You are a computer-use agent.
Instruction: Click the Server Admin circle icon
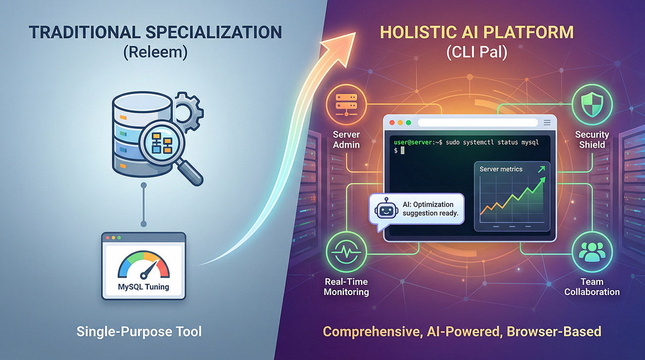click(x=346, y=104)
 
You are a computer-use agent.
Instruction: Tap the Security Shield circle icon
click(x=592, y=104)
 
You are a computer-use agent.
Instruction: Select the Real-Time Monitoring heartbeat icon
click(x=346, y=251)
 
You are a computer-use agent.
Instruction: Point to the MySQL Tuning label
click(x=143, y=286)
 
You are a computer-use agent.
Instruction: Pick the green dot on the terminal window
click(x=408, y=122)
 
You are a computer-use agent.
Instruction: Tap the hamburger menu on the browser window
click(x=547, y=122)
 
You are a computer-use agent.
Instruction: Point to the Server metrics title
click(x=501, y=169)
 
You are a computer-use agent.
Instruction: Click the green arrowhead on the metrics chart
click(x=542, y=169)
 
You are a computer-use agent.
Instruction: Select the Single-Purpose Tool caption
click(x=139, y=331)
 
